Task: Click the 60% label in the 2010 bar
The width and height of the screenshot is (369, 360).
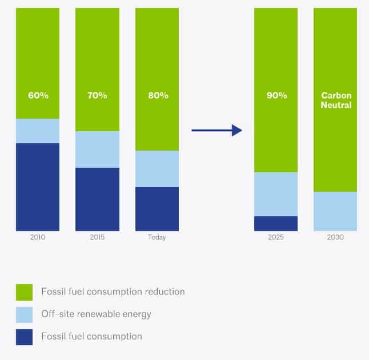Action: pos(38,95)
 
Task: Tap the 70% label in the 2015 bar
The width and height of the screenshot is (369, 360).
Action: pos(97,95)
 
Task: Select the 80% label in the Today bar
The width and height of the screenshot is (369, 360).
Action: pos(158,95)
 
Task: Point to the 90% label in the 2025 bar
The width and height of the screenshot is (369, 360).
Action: pos(276,95)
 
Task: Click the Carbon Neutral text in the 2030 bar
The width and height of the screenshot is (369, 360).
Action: pos(336,100)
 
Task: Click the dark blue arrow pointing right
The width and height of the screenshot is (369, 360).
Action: pos(216,130)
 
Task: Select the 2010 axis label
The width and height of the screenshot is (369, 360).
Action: pos(38,237)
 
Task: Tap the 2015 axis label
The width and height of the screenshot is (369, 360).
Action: pos(97,237)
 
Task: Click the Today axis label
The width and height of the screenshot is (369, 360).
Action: pos(157,237)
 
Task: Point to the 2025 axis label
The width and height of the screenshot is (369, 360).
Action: pos(276,237)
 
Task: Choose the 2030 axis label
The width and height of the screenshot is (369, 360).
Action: pos(335,237)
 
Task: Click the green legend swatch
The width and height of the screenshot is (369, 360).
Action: pos(24,292)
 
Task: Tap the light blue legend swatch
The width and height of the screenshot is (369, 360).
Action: pos(24,315)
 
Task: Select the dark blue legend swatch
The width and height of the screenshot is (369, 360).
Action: pos(24,337)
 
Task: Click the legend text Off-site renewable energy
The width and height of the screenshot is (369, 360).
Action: pos(96,314)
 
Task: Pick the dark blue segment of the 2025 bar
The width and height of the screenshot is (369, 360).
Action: pos(276,224)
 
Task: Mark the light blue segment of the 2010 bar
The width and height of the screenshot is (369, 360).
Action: pos(38,131)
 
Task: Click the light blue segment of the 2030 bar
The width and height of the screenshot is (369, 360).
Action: pos(335,211)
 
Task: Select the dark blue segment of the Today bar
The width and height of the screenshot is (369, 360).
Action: pos(157,209)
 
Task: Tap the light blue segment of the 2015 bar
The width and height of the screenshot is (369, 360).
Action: pos(97,149)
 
